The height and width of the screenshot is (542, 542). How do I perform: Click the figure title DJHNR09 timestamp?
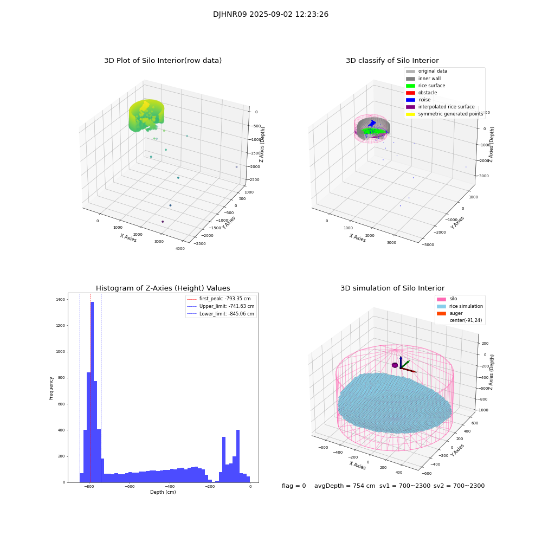270,15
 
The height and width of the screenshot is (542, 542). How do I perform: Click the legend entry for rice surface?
431,86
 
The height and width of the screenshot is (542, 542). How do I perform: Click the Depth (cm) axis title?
163,492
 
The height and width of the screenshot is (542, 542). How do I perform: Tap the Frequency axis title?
51,388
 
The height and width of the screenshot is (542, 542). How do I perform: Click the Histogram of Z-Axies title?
163,288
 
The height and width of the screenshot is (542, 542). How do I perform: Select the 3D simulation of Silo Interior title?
392,288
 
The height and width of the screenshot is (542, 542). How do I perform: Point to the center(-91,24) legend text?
465,320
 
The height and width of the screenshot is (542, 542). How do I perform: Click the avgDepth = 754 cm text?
345,486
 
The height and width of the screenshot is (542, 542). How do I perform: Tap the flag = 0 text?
294,486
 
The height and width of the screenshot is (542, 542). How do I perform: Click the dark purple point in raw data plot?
162,221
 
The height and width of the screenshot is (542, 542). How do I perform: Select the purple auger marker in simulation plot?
395,365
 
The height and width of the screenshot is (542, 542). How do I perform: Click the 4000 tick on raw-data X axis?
180,249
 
